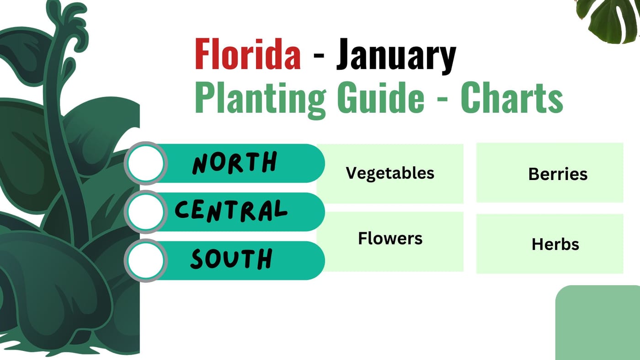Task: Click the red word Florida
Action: click(247, 54)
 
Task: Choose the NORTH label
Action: click(234, 163)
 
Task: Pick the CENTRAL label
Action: click(231, 211)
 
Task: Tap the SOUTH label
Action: click(231, 259)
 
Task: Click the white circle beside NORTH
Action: click(146, 163)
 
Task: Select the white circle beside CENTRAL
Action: click(146, 212)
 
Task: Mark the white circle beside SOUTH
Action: click(146, 260)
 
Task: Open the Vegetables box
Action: click(390, 173)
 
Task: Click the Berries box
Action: click(549, 173)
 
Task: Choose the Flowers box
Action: click(390, 241)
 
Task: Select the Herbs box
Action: click(549, 244)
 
